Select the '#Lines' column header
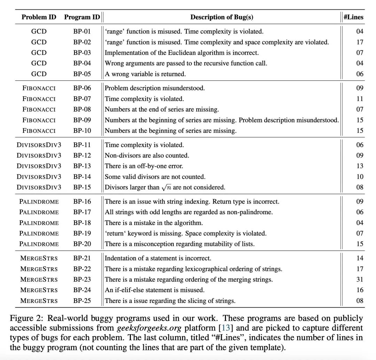[x=353, y=17]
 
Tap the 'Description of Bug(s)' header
[x=222, y=17]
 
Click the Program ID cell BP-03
[x=82, y=53]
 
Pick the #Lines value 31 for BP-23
[x=360, y=279]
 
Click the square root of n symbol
[x=166, y=187]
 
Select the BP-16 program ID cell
[x=82, y=201]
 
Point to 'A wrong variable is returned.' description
[x=145, y=74]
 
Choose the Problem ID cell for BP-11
[x=39, y=145]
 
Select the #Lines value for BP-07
[x=360, y=99]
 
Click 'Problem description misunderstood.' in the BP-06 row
[x=155, y=88]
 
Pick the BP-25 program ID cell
[x=82, y=301]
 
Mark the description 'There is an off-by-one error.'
[x=144, y=166]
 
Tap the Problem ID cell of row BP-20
[x=39, y=244]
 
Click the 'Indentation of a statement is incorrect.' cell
[x=158, y=258]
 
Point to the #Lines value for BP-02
[x=360, y=42]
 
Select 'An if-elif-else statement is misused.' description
[x=155, y=290]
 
